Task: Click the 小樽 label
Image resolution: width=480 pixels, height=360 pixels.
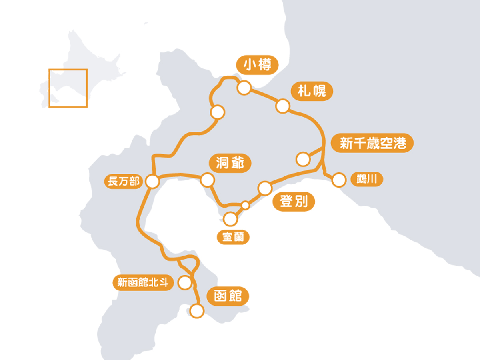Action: click(x=257, y=65)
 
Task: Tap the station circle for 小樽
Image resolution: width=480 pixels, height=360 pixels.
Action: click(x=244, y=88)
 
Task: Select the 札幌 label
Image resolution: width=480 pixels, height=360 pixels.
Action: click(x=312, y=92)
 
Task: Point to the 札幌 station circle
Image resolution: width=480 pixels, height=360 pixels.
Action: click(x=282, y=106)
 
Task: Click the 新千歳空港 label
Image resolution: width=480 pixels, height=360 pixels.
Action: click(x=372, y=143)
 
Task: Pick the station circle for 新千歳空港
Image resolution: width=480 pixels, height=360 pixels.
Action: click(x=303, y=159)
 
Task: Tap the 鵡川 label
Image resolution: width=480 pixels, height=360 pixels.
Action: click(x=367, y=179)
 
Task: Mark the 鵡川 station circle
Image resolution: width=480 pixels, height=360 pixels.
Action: click(x=339, y=180)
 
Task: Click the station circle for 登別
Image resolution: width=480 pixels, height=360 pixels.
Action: click(x=265, y=188)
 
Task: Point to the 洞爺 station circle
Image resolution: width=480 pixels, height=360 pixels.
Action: click(x=207, y=180)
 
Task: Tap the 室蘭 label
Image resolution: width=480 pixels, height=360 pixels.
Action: click(x=233, y=237)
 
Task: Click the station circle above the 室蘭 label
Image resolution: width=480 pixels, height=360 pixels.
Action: click(x=230, y=219)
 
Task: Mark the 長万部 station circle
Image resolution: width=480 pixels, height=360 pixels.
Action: click(x=152, y=182)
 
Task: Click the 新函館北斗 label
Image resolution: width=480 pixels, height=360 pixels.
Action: click(x=143, y=283)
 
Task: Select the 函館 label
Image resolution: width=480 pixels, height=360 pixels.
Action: click(x=228, y=296)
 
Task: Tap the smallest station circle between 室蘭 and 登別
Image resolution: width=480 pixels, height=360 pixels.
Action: click(x=246, y=206)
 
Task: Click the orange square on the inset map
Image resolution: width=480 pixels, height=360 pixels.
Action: click(x=68, y=88)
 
